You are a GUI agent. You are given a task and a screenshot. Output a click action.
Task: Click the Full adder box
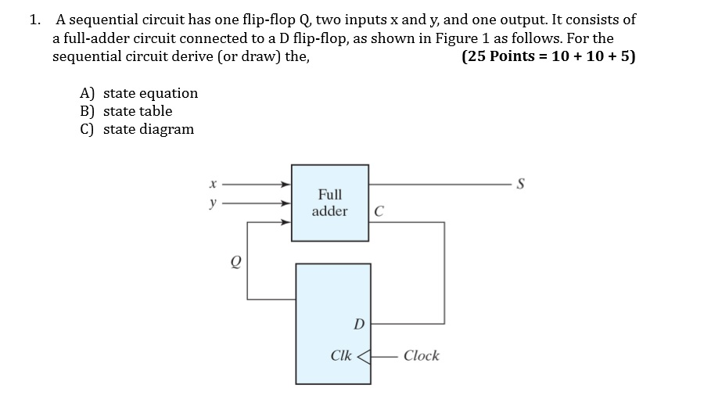[329, 202]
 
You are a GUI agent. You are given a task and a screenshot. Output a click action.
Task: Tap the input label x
[211, 185]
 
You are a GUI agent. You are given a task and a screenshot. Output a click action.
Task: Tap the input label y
[211, 203]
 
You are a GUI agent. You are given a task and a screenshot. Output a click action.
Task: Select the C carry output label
[379, 211]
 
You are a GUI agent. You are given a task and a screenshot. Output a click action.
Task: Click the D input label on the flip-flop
[358, 323]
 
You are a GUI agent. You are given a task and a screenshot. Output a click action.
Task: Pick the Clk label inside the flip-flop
[340, 356]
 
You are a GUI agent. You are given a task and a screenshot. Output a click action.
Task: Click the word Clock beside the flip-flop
[421, 356]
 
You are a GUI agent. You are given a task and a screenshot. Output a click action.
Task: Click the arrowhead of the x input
[286, 185]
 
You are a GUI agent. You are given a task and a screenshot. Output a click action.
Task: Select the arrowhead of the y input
[286, 203]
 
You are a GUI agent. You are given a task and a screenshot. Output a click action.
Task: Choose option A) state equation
[139, 93]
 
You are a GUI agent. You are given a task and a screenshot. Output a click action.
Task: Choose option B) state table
[126, 111]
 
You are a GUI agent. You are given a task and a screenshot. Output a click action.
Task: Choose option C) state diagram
[137, 129]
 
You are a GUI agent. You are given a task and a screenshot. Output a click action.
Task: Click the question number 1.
[34, 20]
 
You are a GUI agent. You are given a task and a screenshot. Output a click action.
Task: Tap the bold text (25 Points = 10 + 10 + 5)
[548, 57]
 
